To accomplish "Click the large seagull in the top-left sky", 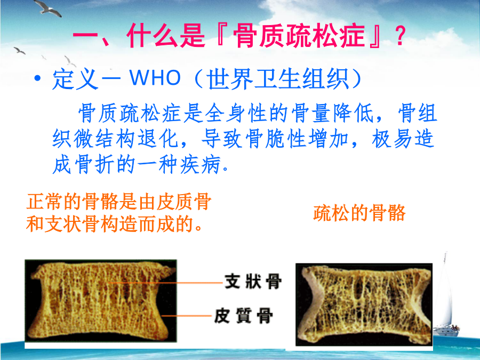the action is tap(47, 8).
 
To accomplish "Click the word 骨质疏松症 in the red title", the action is tap(299, 36).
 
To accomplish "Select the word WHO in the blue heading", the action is tap(155, 77).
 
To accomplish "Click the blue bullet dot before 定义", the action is tap(37, 78).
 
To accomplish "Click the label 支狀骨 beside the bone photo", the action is tap(253, 281).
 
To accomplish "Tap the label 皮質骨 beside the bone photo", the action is tap(244, 315).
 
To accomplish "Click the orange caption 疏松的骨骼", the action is tap(359, 213).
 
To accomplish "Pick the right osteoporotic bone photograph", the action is tap(364, 305).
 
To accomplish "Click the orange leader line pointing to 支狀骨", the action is tap(166, 283).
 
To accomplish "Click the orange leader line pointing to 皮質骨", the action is tap(187, 315).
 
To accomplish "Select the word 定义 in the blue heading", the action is tap(75, 79).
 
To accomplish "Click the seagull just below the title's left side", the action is tap(20, 51).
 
